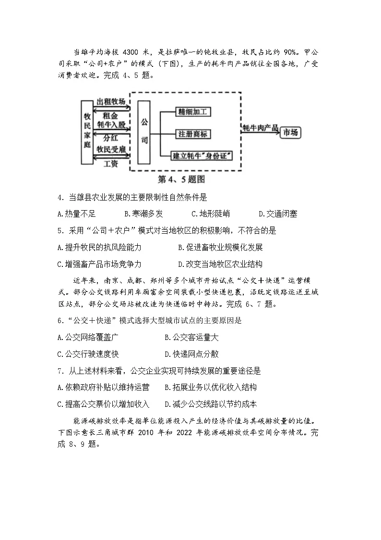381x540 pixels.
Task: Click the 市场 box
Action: (x=290, y=133)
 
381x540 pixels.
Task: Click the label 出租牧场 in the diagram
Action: (x=111, y=102)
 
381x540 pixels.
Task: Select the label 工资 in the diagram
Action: (x=111, y=164)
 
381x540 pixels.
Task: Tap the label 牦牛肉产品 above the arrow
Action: (x=260, y=127)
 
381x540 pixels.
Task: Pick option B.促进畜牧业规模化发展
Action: (x=220, y=248)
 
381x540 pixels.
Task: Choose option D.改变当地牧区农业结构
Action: (x=220, y=264)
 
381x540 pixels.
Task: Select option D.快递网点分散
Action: (x=191, y=354)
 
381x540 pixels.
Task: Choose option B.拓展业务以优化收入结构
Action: (x=211, y=387)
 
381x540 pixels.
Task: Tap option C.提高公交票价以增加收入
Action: (x=103, y=404)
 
